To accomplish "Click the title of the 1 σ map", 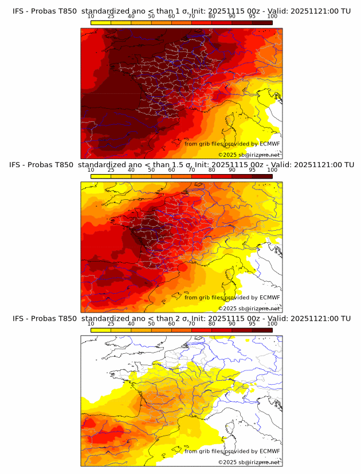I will click(181, 11).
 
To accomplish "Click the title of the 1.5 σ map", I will click(181, 165).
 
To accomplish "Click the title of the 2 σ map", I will click(181, 318).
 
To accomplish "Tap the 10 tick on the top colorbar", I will click(91, 17).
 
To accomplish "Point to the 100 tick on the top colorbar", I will click(272, 17).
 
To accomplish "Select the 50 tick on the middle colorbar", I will click(151, 170).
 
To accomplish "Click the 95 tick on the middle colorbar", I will click(252, 170).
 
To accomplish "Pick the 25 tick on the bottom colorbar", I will click(111, 323).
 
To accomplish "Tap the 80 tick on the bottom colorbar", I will click(212, 323).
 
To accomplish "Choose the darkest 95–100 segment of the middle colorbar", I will click(262, 176).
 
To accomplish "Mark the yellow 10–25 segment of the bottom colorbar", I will click(101, 330).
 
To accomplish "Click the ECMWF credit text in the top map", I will click(232, 144).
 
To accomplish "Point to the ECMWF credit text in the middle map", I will click(232, 297).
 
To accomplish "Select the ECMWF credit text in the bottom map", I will click(232, 451).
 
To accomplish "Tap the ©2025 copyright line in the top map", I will click(249, 155).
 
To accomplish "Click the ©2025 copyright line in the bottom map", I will click(249, 462).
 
